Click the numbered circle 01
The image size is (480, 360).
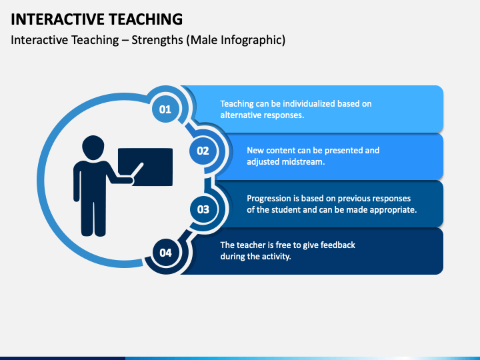pyautogui.click(x=165, y=109)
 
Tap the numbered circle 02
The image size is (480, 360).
pyautogui.click(x=203, y=151)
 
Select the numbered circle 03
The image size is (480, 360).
pyautogui.click(x=203, y=209)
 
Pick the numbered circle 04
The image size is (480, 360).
pyautogui.click(x=165, y=253)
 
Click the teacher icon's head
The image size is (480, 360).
pyautogui.click(x=93, y=147)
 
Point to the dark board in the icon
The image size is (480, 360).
pyautogui.click(x=145, y=167)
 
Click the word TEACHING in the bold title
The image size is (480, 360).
pyautogui.click(x=146, y=19)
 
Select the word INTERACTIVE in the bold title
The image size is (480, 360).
pyautogui.click(x=58, y=19)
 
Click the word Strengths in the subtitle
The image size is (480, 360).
pyautogui.click(x=157, y=40)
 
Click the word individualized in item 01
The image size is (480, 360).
pyautogui.click(x=309, y=104)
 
